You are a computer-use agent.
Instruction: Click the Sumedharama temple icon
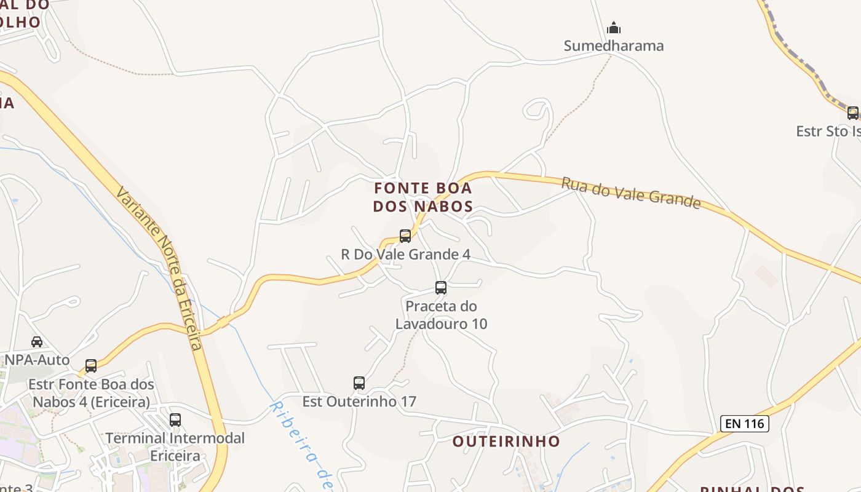click(613, 28)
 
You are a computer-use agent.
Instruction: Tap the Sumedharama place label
click(614, 46)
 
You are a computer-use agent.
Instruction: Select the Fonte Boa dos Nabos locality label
click(423, 197)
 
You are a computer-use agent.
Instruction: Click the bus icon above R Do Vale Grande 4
click(405, 236)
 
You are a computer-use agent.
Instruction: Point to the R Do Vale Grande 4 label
click(405, 254)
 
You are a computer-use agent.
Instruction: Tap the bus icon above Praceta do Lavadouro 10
click(441, 287)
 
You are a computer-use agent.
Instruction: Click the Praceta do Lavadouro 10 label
click(441, 314)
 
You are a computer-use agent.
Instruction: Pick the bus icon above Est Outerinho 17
click(359, 383)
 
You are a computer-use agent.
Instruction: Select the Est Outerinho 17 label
click(359, 402)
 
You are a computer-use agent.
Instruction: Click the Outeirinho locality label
click(506, 441)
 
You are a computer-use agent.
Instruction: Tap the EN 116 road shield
click(744, 423)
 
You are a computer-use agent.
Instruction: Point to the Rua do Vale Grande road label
click(630, 192)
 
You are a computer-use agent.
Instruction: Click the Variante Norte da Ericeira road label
click(159, 268)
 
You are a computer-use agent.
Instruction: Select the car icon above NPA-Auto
click(37, 341)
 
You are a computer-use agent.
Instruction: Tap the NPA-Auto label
click(38, 360)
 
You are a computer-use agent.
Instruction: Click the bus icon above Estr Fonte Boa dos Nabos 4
click(91, 366)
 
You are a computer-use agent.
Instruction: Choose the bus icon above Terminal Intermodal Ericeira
click(175, 420)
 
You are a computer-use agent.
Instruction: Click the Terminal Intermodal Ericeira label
click(175, 447)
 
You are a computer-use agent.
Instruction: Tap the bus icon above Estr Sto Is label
click(852, 113)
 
